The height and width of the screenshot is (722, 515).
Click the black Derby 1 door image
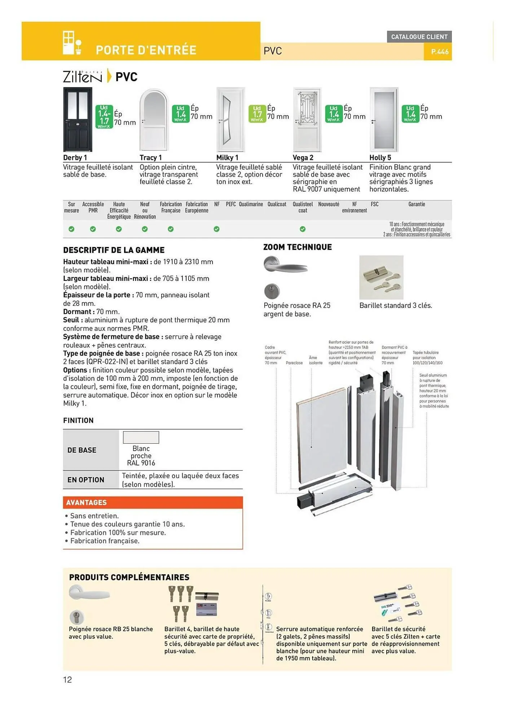pyautogui.click(x=78, y=119)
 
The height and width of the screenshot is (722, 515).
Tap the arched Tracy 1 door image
pyautogui.click(x=154, y=120)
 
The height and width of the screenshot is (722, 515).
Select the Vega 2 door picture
pyautogui.click(x=307, y=120)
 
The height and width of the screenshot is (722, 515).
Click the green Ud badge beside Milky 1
pyautogui.click(x=257, y=114)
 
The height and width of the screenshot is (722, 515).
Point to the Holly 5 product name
pyautogui.click(x=380, y=158)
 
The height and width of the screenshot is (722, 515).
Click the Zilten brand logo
pyautogui.click(x=83, y=77)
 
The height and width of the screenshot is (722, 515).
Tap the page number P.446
pyautogui.click(x=439, y=52)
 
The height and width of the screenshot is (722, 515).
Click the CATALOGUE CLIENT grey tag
pyautogui.click(x=419, y=37)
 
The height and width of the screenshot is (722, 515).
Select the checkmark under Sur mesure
pyautogui.click(x=71, y=229)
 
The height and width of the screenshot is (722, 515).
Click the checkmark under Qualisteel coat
pyautogui.click(x=303, y=229)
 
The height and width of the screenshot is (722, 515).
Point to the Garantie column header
pyautogui.click(x=416, y=204)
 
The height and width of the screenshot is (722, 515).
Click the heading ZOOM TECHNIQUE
pyautogui.click(x=297, y=247)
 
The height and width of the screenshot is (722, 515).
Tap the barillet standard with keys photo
pyautogui.click(x=381, y=277)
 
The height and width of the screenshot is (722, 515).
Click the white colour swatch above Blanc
pyautogui.click(x=141, y=438)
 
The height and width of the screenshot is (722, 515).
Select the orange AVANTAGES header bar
pyautogui.click(x=153, y=503)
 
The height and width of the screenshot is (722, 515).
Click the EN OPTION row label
pyautogui.click(x=86, y=480)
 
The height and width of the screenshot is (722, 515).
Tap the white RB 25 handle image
pyautogui.click(x=89, y=594)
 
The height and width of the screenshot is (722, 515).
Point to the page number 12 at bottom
pyautogui.click(x=67, y=680)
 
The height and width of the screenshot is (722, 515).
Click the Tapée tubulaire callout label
pyautogui.click(x=427, y=357)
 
